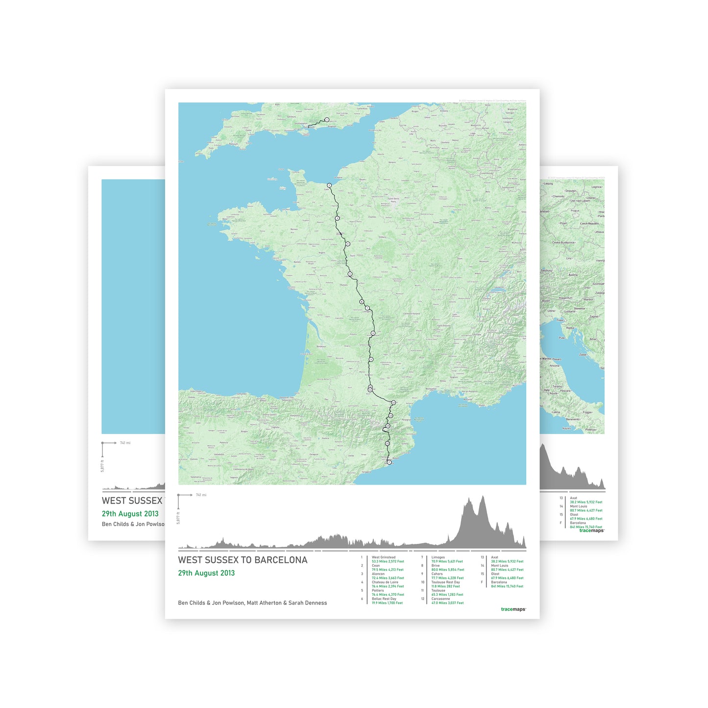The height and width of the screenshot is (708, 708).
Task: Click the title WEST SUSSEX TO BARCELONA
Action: (x=243, y=560)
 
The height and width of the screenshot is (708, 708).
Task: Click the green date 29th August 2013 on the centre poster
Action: (x=206, y=573)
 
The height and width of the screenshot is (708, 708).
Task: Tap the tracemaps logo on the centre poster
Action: (x=513, y=610)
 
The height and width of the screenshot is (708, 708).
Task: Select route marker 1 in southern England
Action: (x=327, y=120)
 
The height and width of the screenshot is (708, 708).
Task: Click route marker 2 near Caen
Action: (x=330, y=185)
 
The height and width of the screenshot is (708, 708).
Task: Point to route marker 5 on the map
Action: (x=350, y=274)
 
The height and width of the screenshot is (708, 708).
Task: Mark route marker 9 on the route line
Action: (x=371, y=360)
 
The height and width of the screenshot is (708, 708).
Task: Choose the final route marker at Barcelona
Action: (x=389, y=462)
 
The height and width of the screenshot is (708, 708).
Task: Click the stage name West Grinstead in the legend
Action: (x=383, y=557)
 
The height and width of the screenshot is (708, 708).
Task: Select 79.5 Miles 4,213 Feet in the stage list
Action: (x=388, y=570)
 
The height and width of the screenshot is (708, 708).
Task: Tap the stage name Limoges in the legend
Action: (x=438, y=557)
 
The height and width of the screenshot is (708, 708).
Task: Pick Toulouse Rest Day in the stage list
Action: (x=445, y=582)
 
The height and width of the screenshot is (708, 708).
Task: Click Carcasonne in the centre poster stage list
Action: (x=440, y=599)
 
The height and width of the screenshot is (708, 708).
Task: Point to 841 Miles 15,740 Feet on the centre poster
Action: (x=507, y=586)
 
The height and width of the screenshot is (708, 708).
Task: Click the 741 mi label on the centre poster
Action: (x=201, y=495)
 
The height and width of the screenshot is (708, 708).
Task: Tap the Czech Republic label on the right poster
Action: (x=589, y=223)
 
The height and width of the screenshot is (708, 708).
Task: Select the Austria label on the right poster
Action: (x=573, y=275)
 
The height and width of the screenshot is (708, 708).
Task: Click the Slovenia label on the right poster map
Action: (x=579, y=309)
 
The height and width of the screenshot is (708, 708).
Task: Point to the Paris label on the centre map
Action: (x=393, y=201)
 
